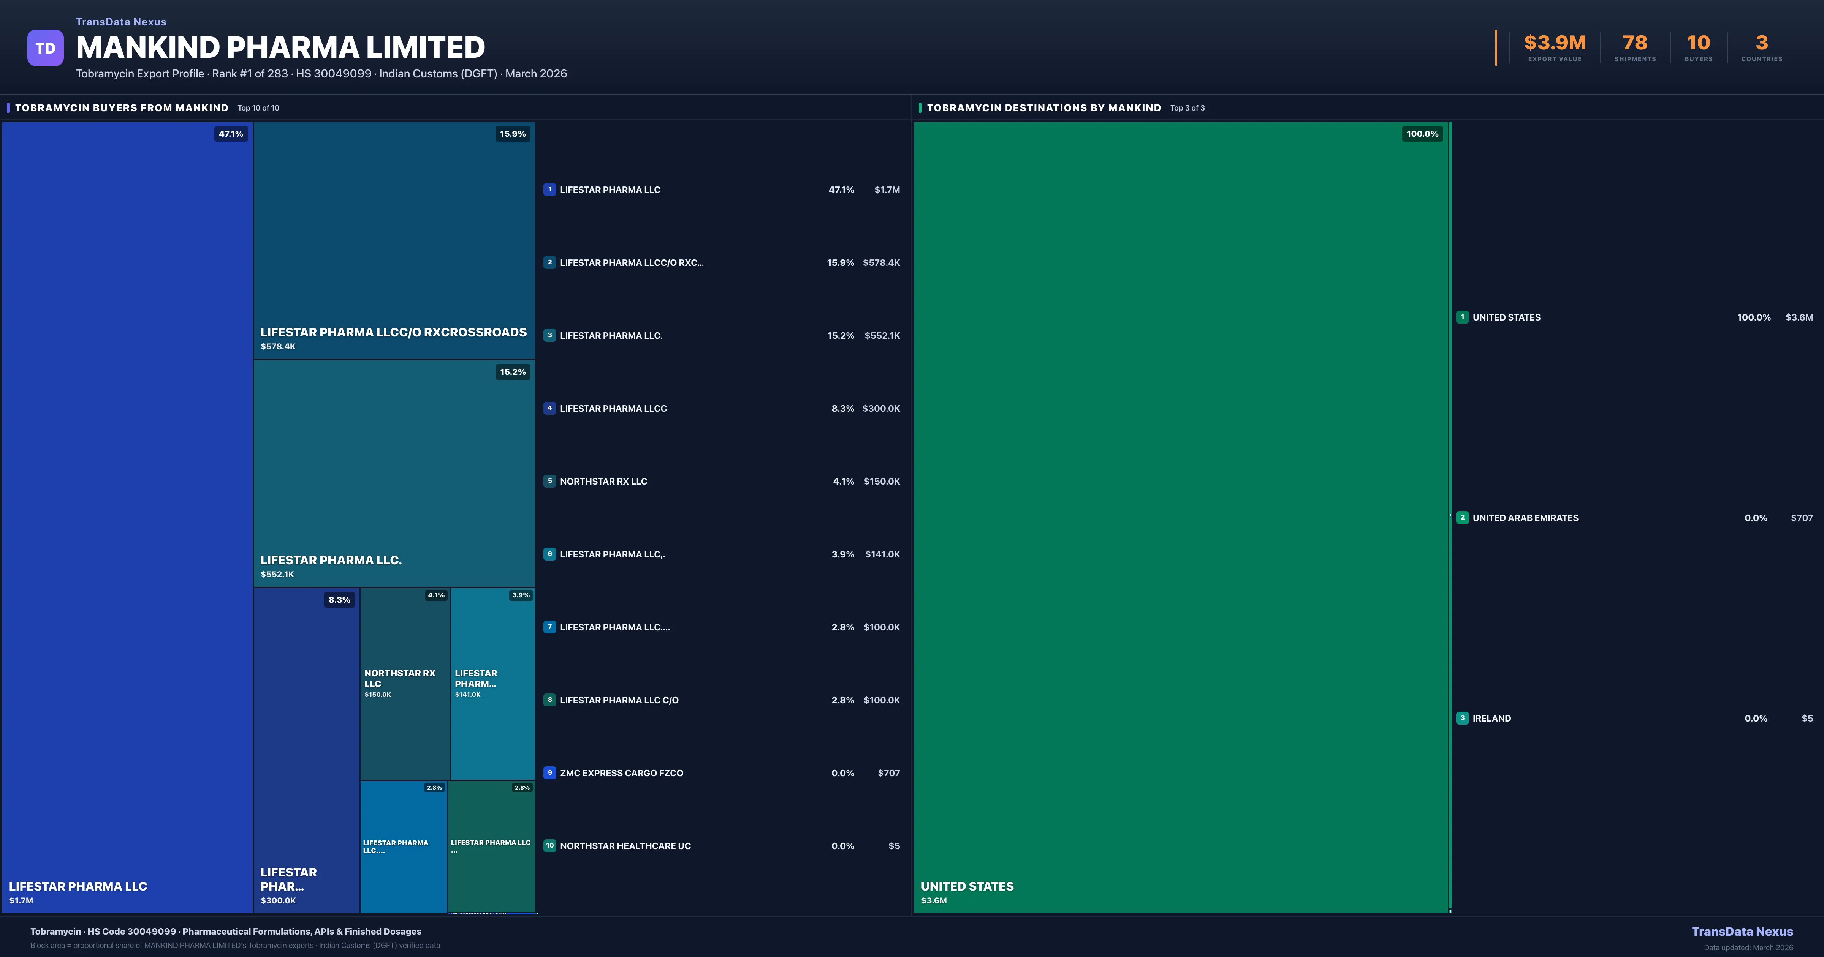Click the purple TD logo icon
[x=45, y=48]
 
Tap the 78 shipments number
[x=1635, y=43]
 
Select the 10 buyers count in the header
[x=1698, y=43]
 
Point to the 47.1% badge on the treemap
[x=231, y=134]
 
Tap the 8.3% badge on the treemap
[x=339, y=600]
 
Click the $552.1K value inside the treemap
[x=277, y=574]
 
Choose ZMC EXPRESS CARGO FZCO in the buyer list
[x=621, y=773]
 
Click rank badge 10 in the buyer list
[x=549, y=846]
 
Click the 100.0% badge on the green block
[x=1422, y=134]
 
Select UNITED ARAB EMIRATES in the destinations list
[x=1525, y=518]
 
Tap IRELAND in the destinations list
[x=1491, y=719]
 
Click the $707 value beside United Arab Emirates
[x=1801, y=518]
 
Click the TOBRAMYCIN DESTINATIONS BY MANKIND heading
[x=1044, y=107]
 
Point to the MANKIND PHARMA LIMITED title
[x=280, y=47]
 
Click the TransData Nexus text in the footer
[x=1742, y=932]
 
